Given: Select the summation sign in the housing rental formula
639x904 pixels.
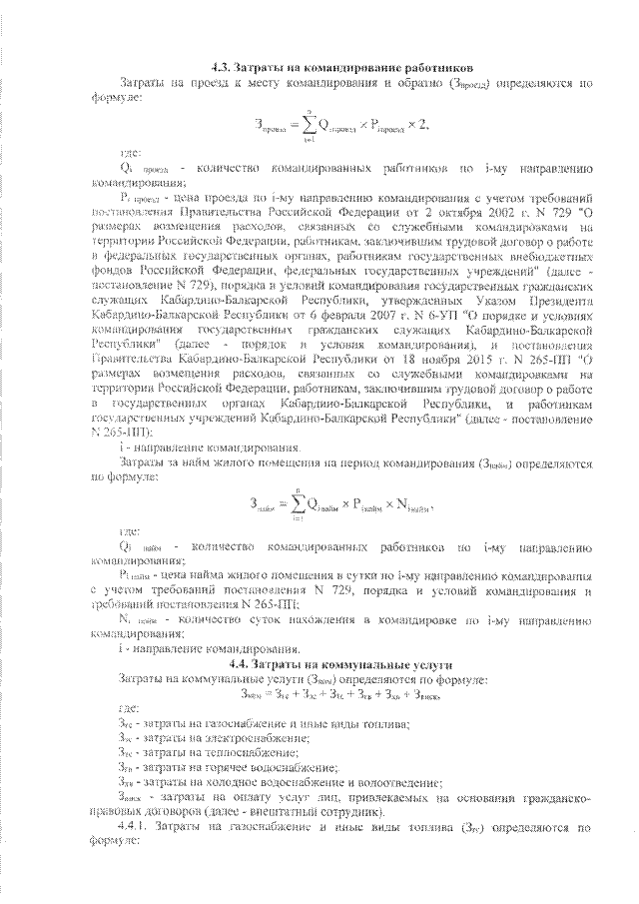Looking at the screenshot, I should point(298,501).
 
